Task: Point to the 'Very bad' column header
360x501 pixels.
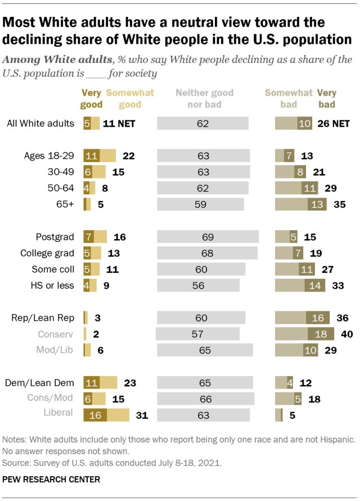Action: point(326,99)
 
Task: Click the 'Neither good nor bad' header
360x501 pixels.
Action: point(204,99)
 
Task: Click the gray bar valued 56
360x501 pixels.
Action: point(198,285)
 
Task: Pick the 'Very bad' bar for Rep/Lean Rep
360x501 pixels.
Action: point(314,318)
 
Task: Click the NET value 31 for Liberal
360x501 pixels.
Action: point(141,415)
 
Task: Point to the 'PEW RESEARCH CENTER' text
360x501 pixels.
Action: point(52,480)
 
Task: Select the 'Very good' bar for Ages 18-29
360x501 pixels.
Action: point(91,156)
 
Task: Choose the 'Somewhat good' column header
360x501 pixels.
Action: point(130,99)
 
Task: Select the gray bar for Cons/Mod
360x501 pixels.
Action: point(205,399)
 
